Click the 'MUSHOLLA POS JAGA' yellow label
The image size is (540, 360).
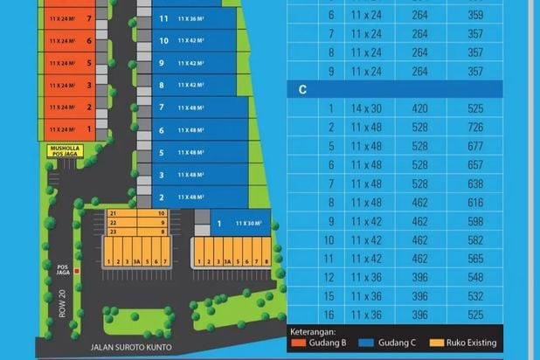pos(66,151)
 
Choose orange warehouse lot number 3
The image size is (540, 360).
pos(70,86)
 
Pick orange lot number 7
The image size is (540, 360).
pos(70,18)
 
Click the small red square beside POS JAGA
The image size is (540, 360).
pos(77,271)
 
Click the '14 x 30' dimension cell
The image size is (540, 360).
pos(367,108)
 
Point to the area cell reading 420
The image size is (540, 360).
pos(419,108)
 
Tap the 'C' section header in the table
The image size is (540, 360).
pos(302,89)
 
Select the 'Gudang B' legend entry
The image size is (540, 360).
pos(323,343)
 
